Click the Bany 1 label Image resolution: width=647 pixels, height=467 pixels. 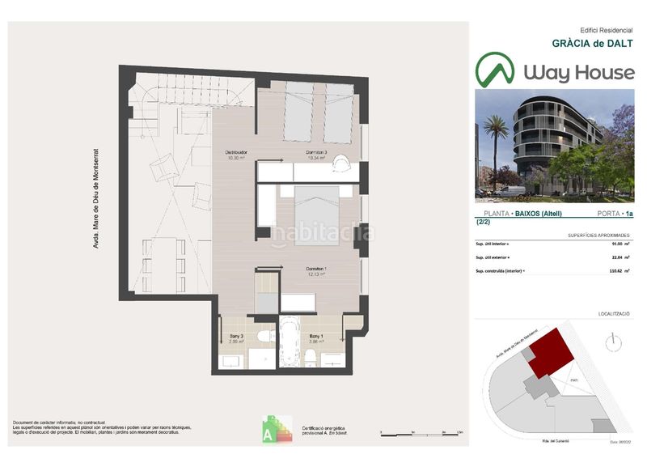coord(316,338)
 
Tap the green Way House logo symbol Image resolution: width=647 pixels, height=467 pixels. coord(495,70)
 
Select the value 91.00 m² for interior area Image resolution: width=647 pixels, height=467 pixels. coord(616,244)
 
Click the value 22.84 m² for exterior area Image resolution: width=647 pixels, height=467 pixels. coord(616,258)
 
